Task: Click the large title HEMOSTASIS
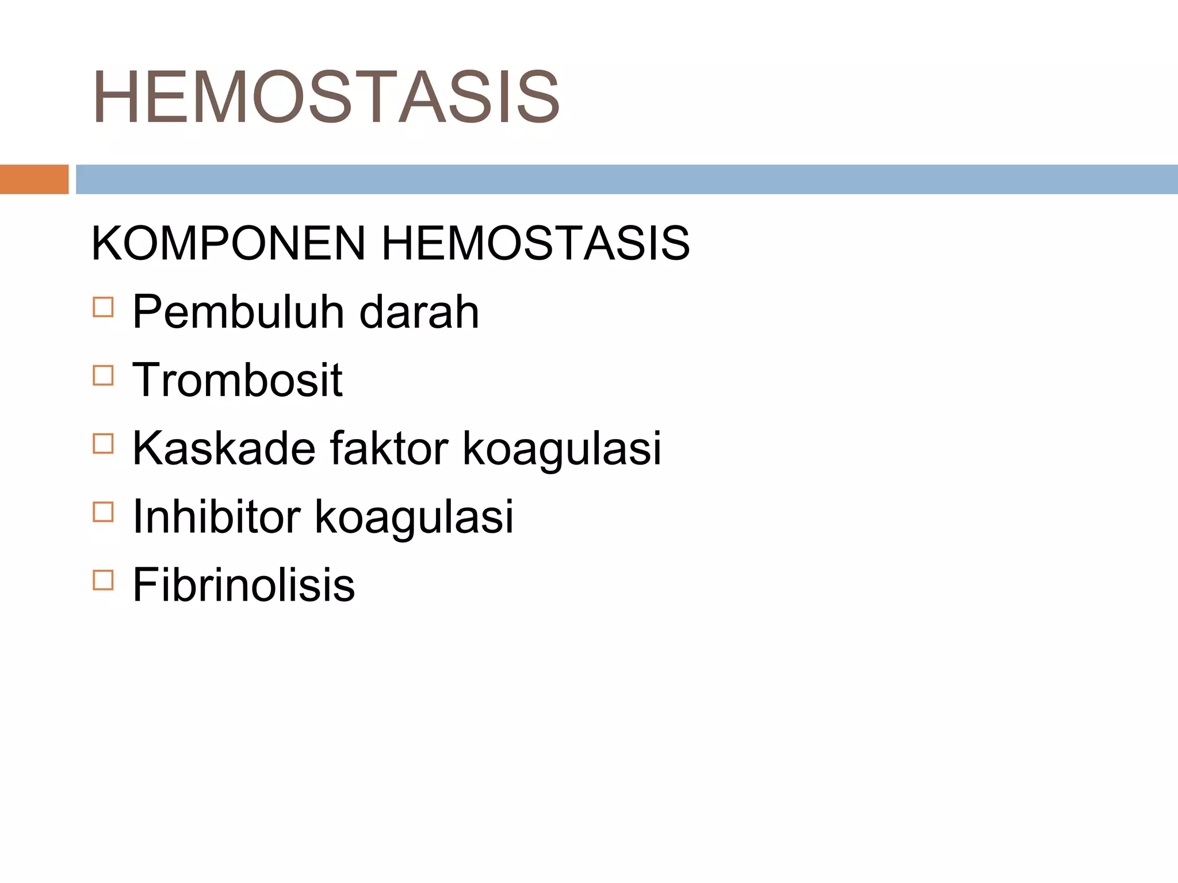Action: pyautogui.click(x=326, y=97)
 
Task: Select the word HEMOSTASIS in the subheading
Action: pyautogui.click(x=536, y=243)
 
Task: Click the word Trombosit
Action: pyautogui.click(x=237, y=380)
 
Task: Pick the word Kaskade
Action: pyautogui.click(x=224, y=448)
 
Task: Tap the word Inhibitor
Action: pyautogui.click(x=216, y=516)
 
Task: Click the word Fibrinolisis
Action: pyautogui.click(x=243, y=585)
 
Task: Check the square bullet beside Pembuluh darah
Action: pyautogui.click(x=103, y=307)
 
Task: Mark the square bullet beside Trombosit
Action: pyautogui.click(x=103, y=375)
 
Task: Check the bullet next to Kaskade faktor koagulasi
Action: pyautogui.click(x=103, y=443)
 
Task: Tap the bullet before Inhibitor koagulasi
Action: pyautogui.click(x=103, y=512)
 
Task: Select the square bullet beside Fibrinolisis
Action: pyautogui.click(x=103, y=580)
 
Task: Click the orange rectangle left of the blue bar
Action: pyautogui.click(x=34, y=179)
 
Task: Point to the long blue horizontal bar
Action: pyautogui.click(x=627, y=179)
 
